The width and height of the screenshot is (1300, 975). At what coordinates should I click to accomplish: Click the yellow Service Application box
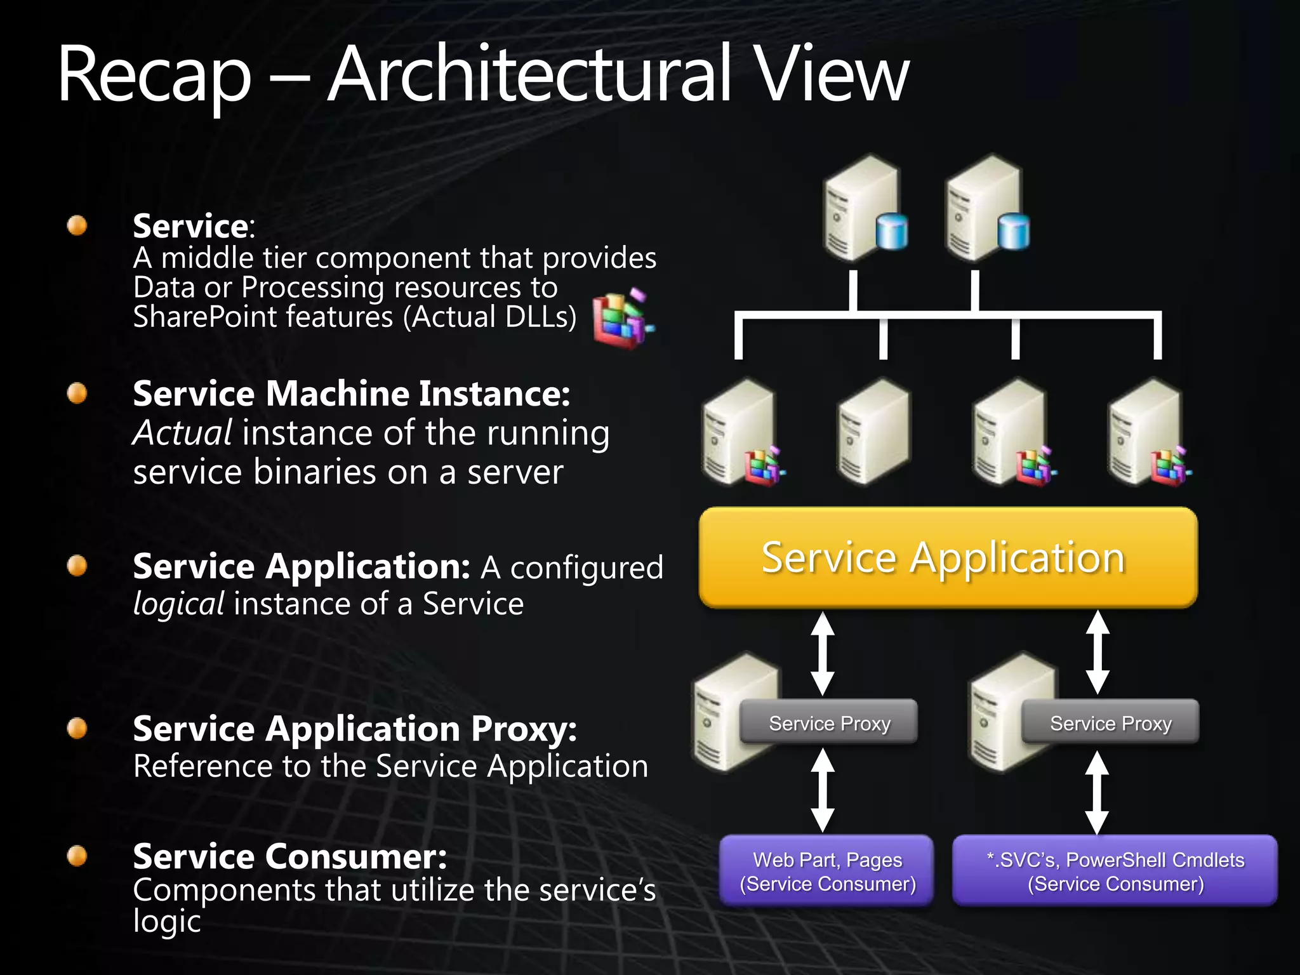(x=948, y=557)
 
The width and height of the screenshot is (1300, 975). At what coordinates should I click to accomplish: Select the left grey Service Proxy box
(x=829, y=722)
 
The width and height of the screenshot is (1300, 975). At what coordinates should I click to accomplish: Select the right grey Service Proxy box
(x=1110, y=722)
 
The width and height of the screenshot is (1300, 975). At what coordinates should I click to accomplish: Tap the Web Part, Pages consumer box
(x=827, y=871)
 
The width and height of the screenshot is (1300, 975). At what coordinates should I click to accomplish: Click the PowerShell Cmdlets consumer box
(x=1115, y=871)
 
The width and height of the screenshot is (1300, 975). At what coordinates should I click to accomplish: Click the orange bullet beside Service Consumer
(x=77, y=856)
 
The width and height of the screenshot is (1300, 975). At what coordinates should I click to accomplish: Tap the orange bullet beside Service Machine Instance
(x=77, y=394)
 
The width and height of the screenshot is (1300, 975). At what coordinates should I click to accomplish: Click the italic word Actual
(x=182, y=434)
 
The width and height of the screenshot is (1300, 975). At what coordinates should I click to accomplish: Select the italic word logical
(x=178, y=604)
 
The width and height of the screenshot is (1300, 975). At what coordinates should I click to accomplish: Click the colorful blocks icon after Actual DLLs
(x=621, y=319)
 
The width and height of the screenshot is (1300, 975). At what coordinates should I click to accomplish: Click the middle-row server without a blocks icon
(x=873, y=432)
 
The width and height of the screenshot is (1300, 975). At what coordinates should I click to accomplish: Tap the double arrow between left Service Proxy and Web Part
(x=823, y=790)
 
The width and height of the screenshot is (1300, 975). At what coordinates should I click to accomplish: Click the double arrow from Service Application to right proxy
(x=1098, y=653)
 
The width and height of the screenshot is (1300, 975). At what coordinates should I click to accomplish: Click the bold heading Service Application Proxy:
(x=354, y=729)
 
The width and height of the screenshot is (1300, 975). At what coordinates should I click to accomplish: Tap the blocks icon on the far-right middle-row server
(x=1171, y=467)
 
